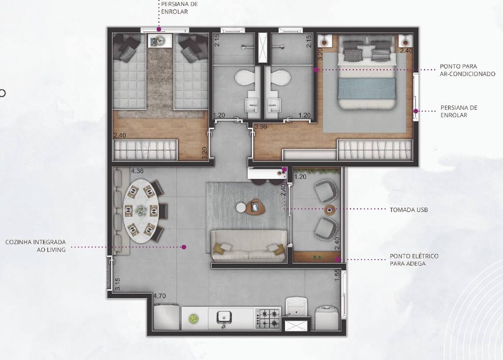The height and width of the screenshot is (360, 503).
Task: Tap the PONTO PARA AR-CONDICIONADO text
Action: click(468, 70)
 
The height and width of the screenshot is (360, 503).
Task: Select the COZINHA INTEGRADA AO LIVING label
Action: click(35, 246)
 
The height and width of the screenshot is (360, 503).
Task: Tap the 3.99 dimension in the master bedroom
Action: click(261, 127)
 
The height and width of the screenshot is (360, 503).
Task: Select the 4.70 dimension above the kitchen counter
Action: click(160, 296)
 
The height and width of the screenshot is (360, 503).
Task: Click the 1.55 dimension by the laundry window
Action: click(337, 276)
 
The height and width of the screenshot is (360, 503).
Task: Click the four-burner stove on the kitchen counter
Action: click(268, 318)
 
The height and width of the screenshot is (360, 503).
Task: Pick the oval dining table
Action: click(141, 211)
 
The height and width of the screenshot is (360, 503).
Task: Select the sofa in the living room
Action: click(249, 246)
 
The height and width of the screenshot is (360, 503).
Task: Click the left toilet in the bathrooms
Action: click(245, 77)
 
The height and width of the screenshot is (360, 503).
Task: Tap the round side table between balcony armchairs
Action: click(330, 210)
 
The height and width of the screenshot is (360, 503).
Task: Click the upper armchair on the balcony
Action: click(326, 190)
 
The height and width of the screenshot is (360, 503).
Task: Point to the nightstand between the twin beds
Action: click(160, 41)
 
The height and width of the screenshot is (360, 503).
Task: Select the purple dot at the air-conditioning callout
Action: click(316, 70)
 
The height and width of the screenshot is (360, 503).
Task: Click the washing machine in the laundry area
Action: click(326, 318)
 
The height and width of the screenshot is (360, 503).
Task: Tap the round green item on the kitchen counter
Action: click(193, 318)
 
